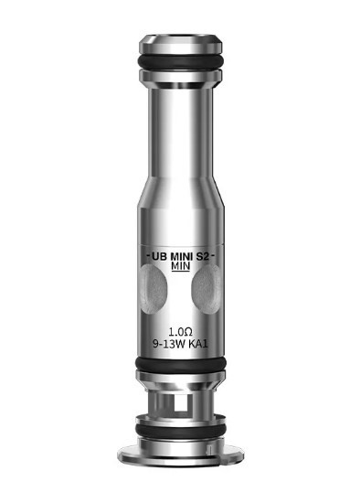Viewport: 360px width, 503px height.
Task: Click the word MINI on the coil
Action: coord(182,256)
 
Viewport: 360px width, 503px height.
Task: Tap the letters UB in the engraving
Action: coord(160,256)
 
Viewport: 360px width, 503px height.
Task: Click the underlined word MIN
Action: coord(181,266)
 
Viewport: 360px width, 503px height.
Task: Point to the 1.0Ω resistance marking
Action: coord(181,331)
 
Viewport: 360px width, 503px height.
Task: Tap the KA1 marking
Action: coord(198,344)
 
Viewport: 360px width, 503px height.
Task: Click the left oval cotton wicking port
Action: coord(153,288)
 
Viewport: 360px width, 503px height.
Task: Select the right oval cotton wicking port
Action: coord(206,288)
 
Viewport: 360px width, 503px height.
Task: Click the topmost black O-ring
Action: coord(181,61)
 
